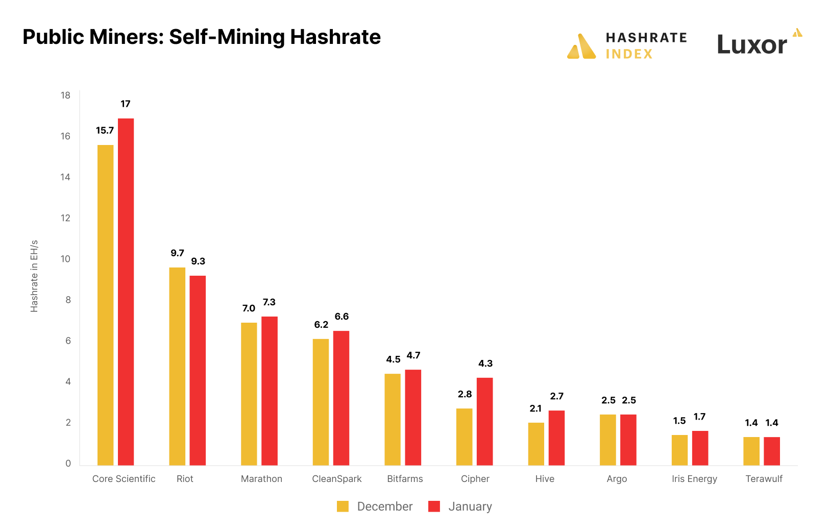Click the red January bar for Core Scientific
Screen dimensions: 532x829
pos(126,292)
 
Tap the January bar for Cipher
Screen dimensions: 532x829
pos(484,421)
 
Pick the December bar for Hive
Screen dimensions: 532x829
pos(536,444)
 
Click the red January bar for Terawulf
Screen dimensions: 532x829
pos(772,451)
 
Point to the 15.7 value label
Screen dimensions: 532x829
pos(105,131)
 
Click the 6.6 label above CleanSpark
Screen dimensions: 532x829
pos(342,317)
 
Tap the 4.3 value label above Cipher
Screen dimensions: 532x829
pos(485,364)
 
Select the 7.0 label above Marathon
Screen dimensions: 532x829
pos(249,308)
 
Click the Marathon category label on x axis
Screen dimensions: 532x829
pos(261,479)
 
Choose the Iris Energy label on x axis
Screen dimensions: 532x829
pos(694,479)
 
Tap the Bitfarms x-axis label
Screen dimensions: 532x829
pos(405,479)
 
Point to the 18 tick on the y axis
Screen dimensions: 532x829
pos(65,95)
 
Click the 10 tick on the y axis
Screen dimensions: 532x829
pos(65,259)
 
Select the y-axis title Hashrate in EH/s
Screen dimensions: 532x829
pos(34,276)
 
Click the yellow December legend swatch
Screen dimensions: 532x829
pos(343,506)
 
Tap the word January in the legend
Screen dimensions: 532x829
pos(470,506)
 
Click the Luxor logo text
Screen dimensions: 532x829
pos(752,45)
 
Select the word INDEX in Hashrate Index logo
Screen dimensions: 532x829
pos(629,54)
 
